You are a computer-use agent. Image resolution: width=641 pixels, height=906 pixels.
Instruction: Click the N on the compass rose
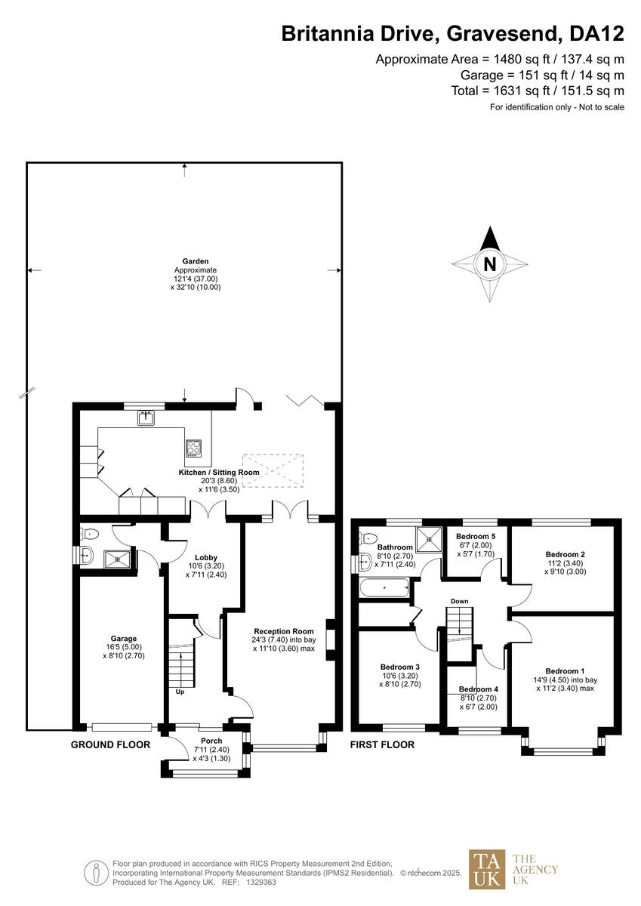click(490, 265)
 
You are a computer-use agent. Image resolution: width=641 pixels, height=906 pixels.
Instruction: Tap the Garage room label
click(123, 639)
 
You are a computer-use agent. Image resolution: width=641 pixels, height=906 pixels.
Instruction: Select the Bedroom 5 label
click(476, 536)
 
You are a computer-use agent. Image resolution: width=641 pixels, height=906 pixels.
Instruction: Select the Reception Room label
click(283, 631)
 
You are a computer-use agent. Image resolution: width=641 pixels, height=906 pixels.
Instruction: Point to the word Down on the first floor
click(460, 602)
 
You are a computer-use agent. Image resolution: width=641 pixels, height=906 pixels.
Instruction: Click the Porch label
click(211, 741)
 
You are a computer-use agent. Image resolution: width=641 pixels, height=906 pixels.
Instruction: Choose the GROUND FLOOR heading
click(110, 744)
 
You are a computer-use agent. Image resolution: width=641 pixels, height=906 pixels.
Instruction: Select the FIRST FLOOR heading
click(382, 744)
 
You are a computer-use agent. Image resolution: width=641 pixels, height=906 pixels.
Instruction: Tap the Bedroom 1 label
click(565, 670)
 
